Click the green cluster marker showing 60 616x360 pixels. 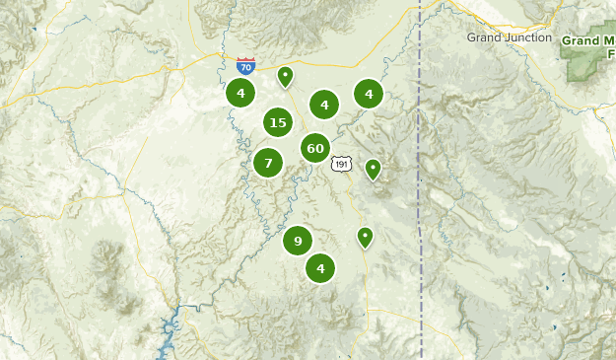pyautogui.click(x=315, y=149)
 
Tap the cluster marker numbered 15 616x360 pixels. pyautogui.click(x=278, y=122)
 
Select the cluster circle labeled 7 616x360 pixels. pyautogui.click(x=268, y=163)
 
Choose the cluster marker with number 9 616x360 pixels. pyautogui.click(x=298, y=241)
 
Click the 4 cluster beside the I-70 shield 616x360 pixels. pyautogui.click(x=240, y=94)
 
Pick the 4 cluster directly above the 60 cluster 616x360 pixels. pyautogui.click(x=324, y=105)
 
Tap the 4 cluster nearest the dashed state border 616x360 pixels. pyautogui.click(x=369, y=95)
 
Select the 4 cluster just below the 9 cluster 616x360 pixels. pyautogui.click(x=320, y=267)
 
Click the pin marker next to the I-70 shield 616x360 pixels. pyautogui.click(x=285, y=76)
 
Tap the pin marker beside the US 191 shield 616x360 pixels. pyautogui.click(x=373, y=169)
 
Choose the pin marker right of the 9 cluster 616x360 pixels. pyautogui.click(x=365, y=237)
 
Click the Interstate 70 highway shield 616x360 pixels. pyautogui.click(x=246, y=66)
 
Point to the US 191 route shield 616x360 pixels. pyautogui.click(x=340, y=164)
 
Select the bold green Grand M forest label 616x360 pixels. pyautogui.click(x=588, y=41)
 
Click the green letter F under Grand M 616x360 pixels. pyautogui.click(x=611, y=53)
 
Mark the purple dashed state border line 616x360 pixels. pyautogui.click(x=421, y=197)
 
